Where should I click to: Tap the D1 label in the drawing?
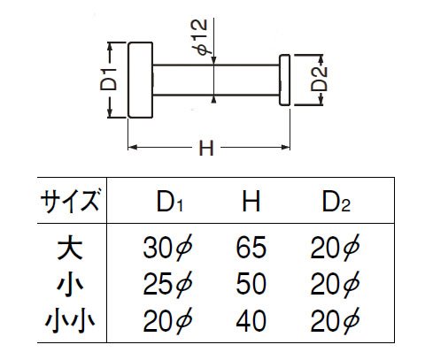[108, 80]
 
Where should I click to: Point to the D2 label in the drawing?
[320, 79]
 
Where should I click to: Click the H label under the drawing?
[206, 149]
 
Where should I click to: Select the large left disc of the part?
[141, 80]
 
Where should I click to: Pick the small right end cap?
[285, 80]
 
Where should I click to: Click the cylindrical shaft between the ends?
[216, 80]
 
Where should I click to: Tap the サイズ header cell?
[70, 201]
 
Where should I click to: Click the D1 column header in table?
[170, 202]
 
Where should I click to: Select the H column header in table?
[251, 202]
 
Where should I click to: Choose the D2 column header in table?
[336, 202]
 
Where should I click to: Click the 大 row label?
[70, 248]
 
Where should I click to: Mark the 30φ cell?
[167, 248]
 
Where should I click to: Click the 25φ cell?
[167, 284]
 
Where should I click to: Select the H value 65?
[251, 248]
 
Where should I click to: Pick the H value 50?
[251, 284]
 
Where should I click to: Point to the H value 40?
[251, 321]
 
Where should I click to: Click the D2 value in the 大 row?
[335, 248]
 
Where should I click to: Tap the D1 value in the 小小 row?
[167, 320]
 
